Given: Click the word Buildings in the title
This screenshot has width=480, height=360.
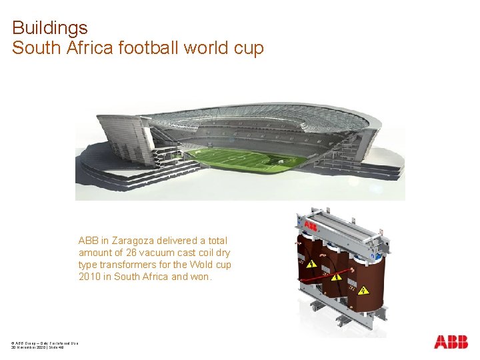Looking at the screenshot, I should (50, 29).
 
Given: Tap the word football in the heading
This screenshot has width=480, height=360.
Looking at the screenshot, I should (153, 49).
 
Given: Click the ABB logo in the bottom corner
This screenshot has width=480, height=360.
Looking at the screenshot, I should (451, 342).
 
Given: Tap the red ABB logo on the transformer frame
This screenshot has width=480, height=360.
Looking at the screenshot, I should (311, 227).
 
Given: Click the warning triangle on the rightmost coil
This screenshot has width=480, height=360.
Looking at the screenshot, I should (363, 291).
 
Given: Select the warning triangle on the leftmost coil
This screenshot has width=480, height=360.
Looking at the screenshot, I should (311, 265).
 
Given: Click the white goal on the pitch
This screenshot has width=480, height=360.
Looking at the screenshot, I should (284, 160).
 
